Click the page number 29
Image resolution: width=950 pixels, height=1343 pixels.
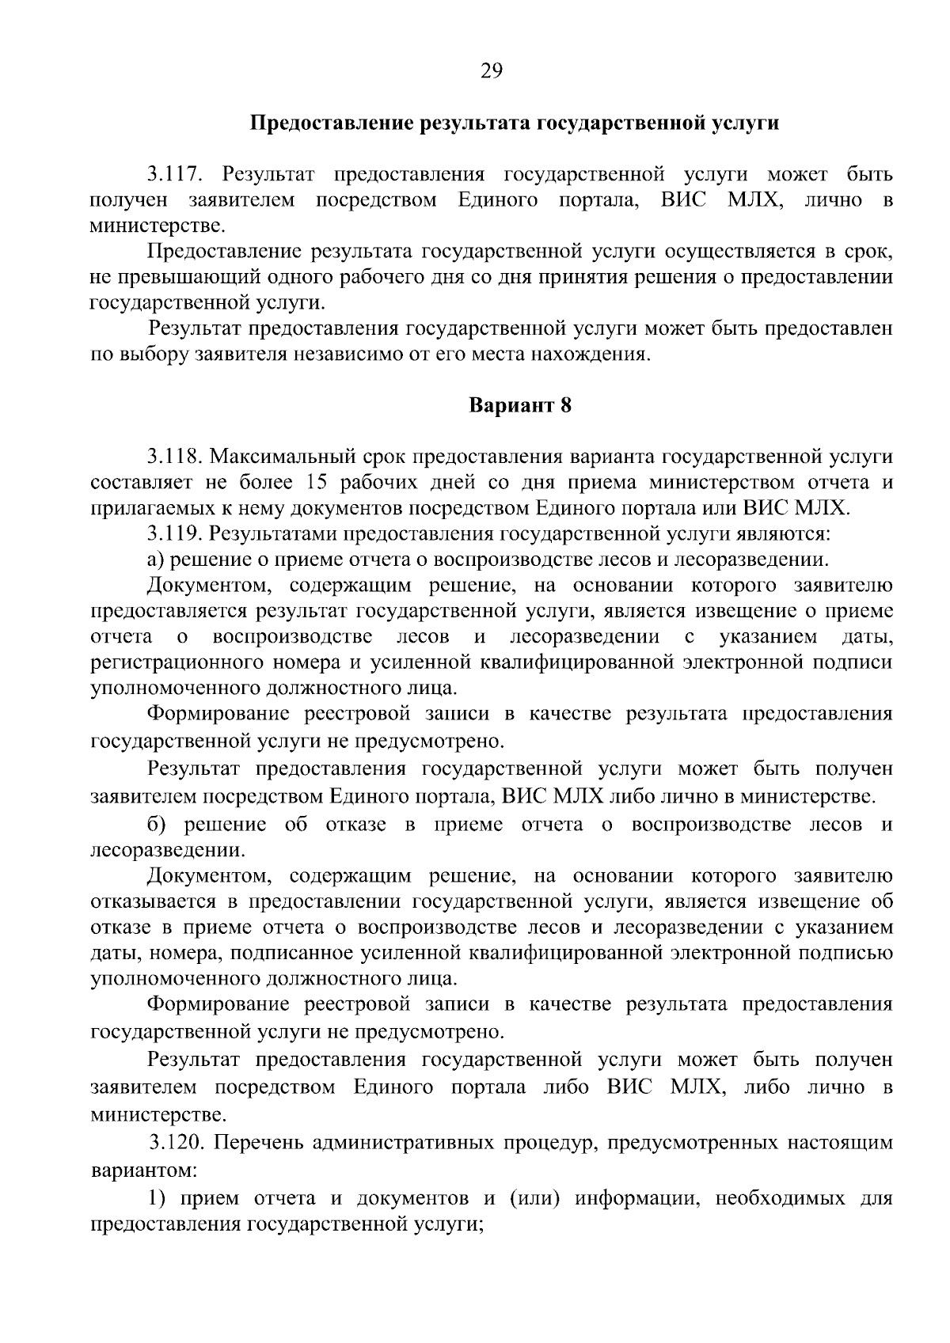491,72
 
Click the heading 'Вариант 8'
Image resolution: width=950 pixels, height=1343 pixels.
519,406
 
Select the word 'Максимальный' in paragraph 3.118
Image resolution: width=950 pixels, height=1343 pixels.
278,457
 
